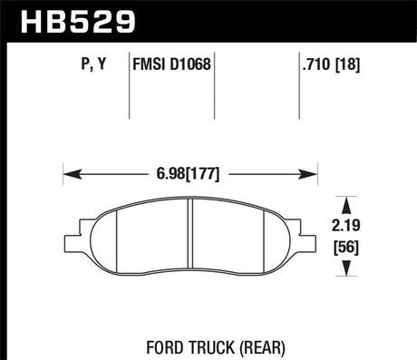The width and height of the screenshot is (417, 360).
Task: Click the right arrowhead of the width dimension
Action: click(313, 171)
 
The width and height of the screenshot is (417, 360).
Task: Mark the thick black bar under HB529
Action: click(208, 40)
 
